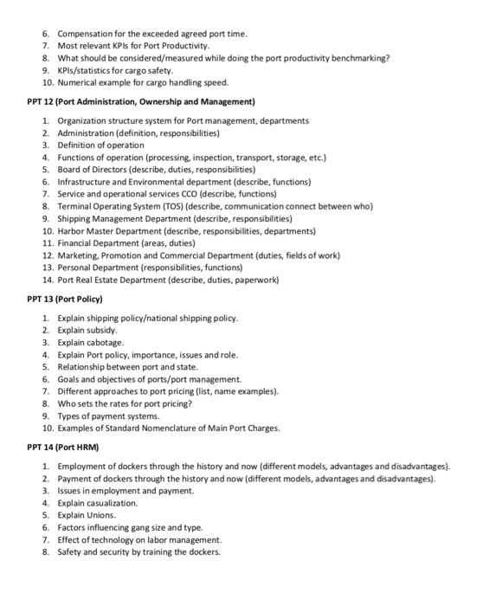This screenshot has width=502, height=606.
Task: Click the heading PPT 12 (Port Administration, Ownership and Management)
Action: (x=138, y=101)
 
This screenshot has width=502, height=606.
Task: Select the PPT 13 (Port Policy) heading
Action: (x=65, y=299)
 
